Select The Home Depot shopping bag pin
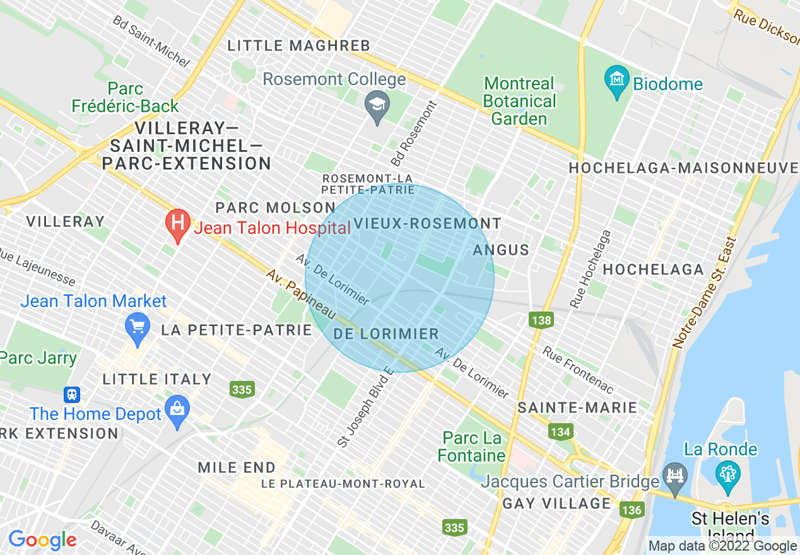[x=178, y=411]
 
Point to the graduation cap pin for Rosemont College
[x=377, y=105]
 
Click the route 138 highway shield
[x=541, y=320]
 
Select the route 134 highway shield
[x=560, y=432]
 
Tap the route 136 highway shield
[x=632, y=510]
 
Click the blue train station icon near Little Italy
[x=72, y=395]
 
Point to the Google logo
[x=42, y=540]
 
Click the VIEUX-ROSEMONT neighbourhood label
[x=427, y=223]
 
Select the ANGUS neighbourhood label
[x=501, y=250]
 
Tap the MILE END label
[x=237, y=467]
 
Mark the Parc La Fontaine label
[x=471, y=447]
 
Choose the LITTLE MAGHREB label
[x=298, y=45]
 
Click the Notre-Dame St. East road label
[x=704, y=293]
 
